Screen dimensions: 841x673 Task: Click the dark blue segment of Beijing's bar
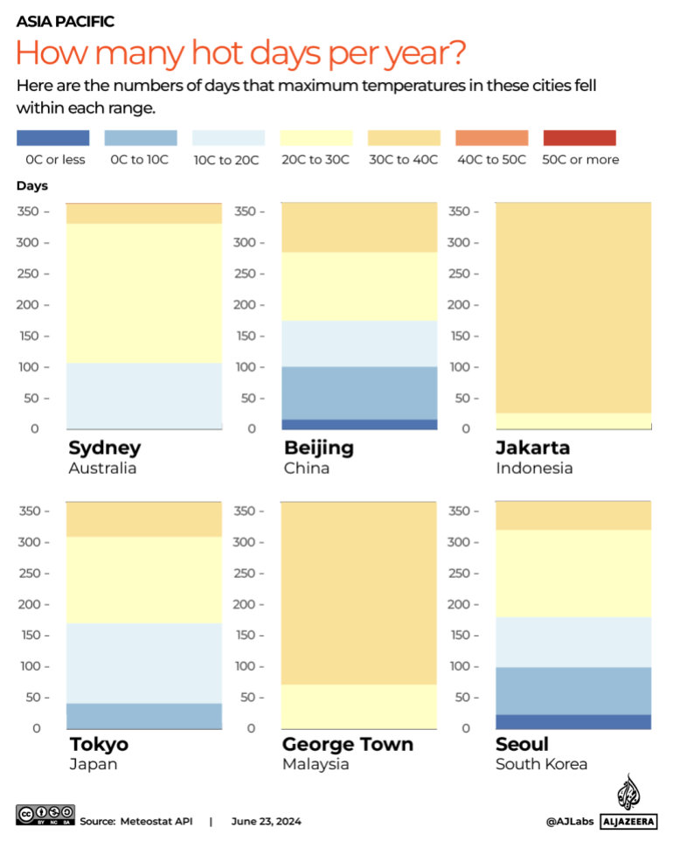click(358, 425)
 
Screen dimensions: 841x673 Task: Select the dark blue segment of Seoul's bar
click(573, 722)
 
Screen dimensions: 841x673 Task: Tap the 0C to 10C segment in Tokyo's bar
click(145, 716)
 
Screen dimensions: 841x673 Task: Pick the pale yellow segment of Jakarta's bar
click(573, 421)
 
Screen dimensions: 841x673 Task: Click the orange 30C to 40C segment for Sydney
click(145, 213)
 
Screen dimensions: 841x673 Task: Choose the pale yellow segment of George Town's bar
click(358, 706)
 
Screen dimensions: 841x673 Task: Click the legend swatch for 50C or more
click(579, 138)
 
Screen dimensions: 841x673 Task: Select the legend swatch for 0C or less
click(52, 138)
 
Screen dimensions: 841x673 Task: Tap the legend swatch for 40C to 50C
click(492, 138)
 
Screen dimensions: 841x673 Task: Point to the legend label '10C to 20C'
click(227, 160)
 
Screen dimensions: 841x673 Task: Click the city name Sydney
click(104, 448)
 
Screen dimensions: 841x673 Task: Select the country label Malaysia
click(316, 764)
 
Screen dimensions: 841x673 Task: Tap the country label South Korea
click(541, 764)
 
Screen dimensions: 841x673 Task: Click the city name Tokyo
click(99, 744)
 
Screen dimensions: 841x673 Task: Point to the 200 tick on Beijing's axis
click(244, 305)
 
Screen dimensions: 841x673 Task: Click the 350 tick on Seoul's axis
click(460, 511)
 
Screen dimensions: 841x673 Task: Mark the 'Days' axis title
click(31, 186)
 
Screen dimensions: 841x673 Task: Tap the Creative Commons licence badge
click(45, 816)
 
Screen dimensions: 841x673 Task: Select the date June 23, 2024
click(267, 822)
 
